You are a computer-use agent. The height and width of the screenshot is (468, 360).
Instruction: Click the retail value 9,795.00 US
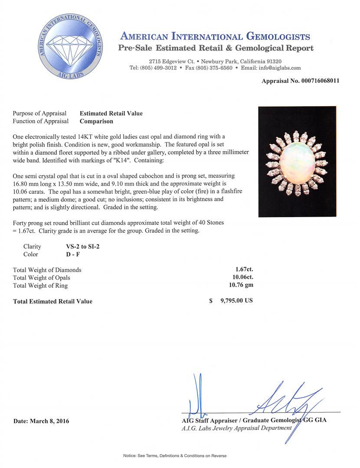236,301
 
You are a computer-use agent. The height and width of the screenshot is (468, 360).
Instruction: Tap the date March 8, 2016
41,421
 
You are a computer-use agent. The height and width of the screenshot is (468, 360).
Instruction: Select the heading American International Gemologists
215,36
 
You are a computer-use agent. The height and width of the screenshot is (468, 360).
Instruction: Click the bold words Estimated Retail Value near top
111,114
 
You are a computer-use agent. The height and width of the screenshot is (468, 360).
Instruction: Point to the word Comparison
96,121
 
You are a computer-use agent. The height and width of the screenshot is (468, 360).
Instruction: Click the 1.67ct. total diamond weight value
244,270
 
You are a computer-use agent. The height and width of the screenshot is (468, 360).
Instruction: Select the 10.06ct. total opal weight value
242,277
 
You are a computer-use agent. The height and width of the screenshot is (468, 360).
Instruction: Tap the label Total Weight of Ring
40,286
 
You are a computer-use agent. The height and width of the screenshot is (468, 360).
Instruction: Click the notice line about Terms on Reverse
175,456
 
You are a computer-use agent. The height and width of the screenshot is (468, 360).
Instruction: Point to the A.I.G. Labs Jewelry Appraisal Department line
237,428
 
